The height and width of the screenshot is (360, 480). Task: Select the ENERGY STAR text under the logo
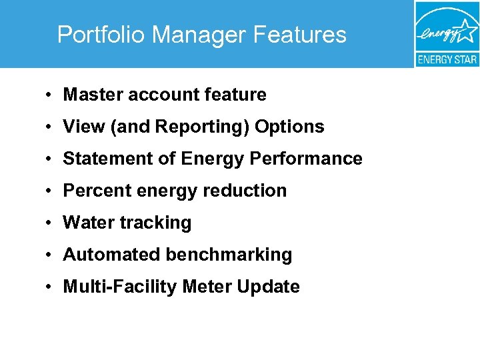click(447, 59)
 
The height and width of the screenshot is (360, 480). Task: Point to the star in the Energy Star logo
click(467, 30)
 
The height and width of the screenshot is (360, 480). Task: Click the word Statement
click(101, 159)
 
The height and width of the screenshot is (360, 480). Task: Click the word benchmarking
click(229, 255)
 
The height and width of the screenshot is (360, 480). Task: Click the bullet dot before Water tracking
click(51, 223)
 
